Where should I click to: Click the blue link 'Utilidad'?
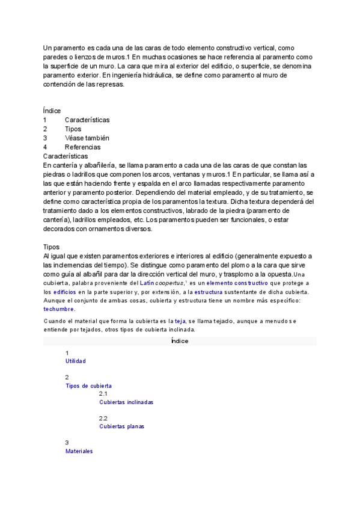[x=75, y=361]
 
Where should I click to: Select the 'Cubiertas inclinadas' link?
[x=126, y=402]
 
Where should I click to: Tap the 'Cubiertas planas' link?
[x=121, y=426]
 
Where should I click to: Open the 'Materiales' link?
[x=79, y=451]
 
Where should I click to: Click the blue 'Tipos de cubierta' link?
[x=88, y=386]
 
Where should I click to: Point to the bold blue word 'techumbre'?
[x=58, y=309]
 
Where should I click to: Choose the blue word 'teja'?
[x=180, y=322]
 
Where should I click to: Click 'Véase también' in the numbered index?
[x=87, y=138]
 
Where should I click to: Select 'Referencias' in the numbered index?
[x=82, y=147]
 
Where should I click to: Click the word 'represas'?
[x=110, y=85]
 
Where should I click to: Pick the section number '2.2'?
[x=103, y=418]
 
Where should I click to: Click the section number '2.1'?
[x=103, y=394]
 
